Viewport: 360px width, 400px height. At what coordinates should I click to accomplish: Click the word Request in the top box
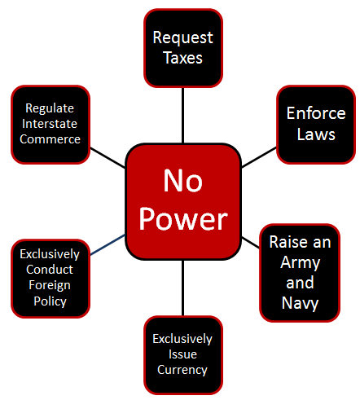182,37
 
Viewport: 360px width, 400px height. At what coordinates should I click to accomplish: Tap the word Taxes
183,58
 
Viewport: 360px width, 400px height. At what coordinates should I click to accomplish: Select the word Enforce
316,113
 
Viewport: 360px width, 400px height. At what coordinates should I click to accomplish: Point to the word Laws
316,134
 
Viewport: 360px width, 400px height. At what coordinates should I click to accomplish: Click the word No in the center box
183,181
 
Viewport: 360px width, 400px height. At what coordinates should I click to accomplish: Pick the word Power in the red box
183,219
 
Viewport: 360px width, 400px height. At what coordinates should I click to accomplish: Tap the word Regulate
50,109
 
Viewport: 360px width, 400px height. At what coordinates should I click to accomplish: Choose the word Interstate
50,124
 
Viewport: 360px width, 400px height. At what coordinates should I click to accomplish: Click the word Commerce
50,139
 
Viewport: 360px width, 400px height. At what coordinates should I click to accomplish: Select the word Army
301,263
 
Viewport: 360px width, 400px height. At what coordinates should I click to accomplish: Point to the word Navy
300,303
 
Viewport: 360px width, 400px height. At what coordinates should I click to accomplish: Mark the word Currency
182,370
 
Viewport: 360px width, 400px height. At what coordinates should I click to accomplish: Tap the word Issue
182,354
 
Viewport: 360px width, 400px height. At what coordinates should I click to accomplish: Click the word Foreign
50,286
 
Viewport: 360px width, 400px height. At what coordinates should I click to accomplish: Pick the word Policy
50,301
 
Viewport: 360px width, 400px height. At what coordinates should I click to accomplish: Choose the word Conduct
50,270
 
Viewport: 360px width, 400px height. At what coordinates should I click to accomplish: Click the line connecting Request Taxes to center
182,115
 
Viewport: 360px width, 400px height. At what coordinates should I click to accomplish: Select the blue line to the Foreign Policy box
108,245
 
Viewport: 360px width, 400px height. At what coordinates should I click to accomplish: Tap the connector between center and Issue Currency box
182,288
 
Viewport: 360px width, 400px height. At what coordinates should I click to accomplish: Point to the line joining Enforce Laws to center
259,157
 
